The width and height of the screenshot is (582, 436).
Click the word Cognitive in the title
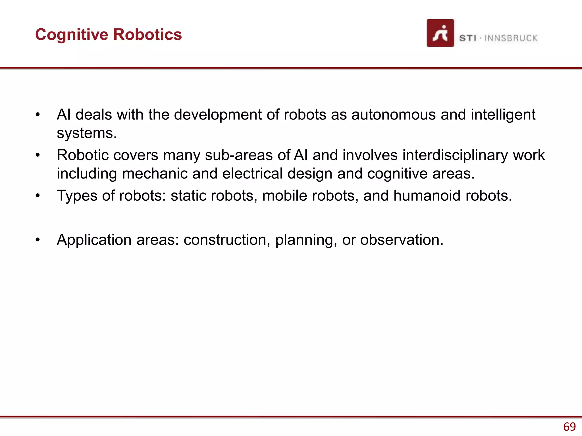(x=72, y=35)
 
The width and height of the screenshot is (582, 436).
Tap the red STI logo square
(x=440, y=33)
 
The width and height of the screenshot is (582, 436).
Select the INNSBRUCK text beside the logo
(x=511, y=38)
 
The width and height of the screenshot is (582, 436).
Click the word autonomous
(x=394, y=115)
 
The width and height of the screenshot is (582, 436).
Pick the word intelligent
(x=503, y=115)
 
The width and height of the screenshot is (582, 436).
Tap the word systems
(x=87, y=133)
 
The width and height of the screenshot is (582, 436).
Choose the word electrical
(x=252, y=173)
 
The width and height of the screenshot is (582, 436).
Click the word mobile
(x=284, y=196)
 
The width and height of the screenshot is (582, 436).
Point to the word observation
(x=402, y=240)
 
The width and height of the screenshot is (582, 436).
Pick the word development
(x=218, y=115)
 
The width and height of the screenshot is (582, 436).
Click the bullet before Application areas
(x=38, y=240)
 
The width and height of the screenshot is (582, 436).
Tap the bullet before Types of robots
(x=38, y=196)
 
